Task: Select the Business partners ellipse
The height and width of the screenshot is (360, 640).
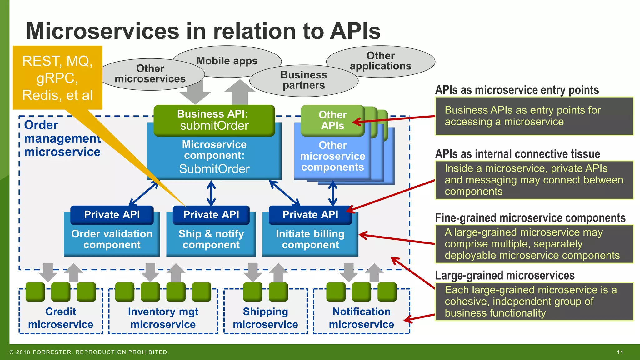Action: point(304,80)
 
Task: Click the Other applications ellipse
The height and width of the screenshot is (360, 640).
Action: point(381,61)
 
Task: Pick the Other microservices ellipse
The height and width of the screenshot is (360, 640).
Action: point(150,74)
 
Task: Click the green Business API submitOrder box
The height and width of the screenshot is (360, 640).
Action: point(214,120)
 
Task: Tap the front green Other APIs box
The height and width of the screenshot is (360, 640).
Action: point(332,120)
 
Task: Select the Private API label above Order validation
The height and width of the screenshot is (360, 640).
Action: point(112,215)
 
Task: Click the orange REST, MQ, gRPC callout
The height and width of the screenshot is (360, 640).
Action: point(57,78)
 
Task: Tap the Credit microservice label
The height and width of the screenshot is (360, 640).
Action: point(61,318)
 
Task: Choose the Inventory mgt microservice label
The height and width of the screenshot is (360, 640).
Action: point(163,318)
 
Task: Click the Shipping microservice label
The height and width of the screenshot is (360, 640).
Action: point(265,318)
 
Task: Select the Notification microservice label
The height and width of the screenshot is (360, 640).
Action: point(361,318)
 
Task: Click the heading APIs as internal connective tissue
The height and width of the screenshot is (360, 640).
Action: point(517,154)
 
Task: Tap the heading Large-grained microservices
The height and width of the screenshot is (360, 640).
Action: point(505,276)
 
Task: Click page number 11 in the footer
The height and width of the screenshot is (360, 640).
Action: point(620,352)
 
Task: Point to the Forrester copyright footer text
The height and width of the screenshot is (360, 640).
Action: point(89,352)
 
